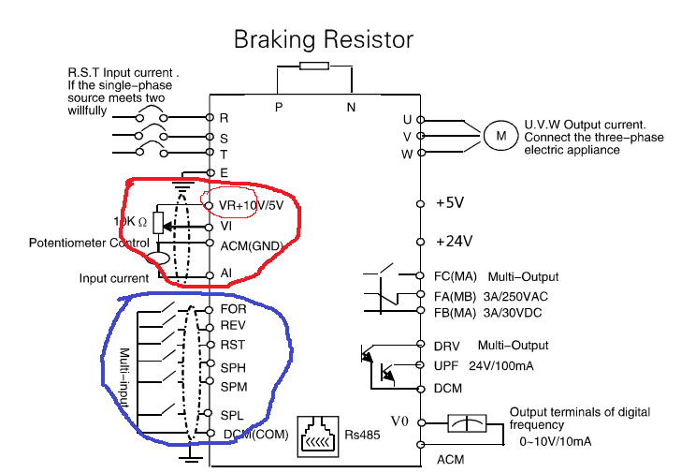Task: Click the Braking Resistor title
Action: [323, 39]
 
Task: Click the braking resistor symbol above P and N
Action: [313, 67]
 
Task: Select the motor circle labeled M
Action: [501, 136]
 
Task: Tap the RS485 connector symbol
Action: [319, 436]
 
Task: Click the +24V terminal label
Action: [454, 241]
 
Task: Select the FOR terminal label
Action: [233, 309]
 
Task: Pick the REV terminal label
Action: [233, 326]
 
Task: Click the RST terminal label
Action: [233, 345]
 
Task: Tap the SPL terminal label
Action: [232, 415]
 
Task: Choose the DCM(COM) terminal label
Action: [255, 433]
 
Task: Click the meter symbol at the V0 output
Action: [469, 422]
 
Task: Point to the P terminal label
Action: [279, 108]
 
